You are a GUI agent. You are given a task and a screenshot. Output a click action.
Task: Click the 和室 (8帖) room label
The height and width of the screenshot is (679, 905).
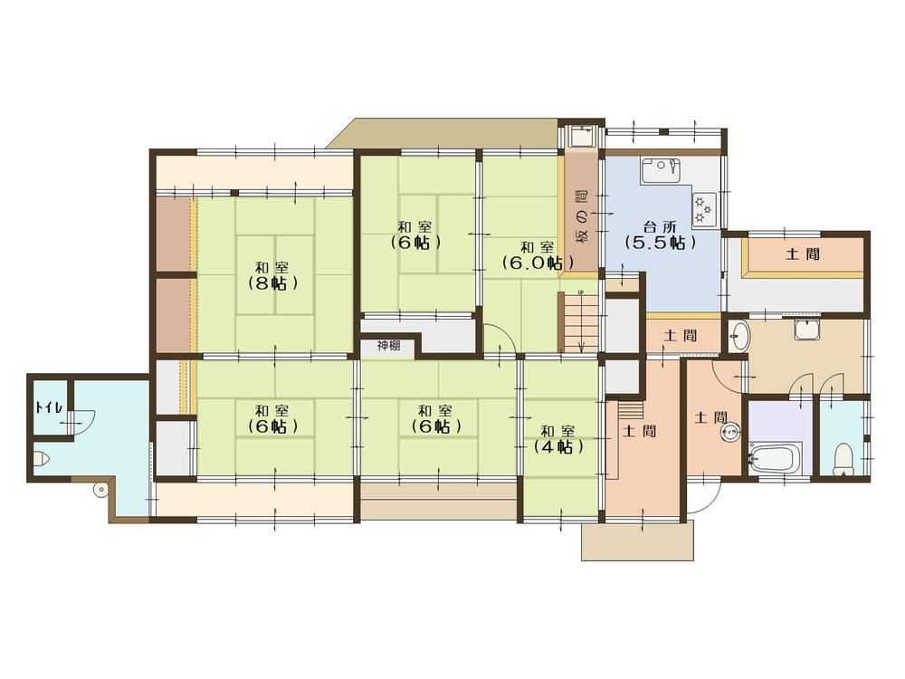click(x=273, y=276)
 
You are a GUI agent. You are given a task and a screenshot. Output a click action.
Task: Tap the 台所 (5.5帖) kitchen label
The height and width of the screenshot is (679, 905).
click(x=661, y=235)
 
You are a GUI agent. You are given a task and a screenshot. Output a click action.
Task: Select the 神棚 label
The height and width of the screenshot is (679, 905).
click(x=388, y=347)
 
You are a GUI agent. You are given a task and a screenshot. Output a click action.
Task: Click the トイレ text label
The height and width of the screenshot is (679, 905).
click(x=45, y=406)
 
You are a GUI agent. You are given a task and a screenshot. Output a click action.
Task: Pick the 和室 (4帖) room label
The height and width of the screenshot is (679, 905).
click(x=557, y=439)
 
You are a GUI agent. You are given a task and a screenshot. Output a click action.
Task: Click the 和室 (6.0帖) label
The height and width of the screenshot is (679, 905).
click(x=538, y=255)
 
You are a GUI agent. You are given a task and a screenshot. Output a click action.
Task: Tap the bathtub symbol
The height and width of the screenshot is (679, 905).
click(x=775, y=457)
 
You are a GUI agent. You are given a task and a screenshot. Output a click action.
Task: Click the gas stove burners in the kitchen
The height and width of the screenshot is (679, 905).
click(x=704, y=208)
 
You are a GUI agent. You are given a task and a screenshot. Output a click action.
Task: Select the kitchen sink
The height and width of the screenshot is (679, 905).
click(x=660, y=171)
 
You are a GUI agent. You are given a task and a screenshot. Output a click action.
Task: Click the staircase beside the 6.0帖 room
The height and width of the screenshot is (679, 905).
click(x=581, y=322)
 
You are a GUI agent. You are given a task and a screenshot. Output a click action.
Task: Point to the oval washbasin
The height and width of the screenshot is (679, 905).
click(x=738, y=336)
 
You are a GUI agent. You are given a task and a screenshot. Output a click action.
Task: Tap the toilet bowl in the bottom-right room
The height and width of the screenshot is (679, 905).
click(x=843, y=458)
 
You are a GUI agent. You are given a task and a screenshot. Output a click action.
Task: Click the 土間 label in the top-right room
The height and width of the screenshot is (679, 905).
click(x=803, y=253)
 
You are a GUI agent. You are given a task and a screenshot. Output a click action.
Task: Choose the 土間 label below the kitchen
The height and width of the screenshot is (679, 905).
click(x=681, y=335)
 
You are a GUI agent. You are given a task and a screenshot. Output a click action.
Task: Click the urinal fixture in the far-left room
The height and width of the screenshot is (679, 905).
click(x=42, y=458)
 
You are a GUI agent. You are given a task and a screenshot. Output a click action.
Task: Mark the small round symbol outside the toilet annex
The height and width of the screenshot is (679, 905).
click(x=101, y=490)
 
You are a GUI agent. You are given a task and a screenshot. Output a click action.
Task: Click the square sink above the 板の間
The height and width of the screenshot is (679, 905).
click(x=580, y=138)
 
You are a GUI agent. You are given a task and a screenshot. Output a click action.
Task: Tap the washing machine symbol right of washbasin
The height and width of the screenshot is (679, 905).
click(x=807, y=330)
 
